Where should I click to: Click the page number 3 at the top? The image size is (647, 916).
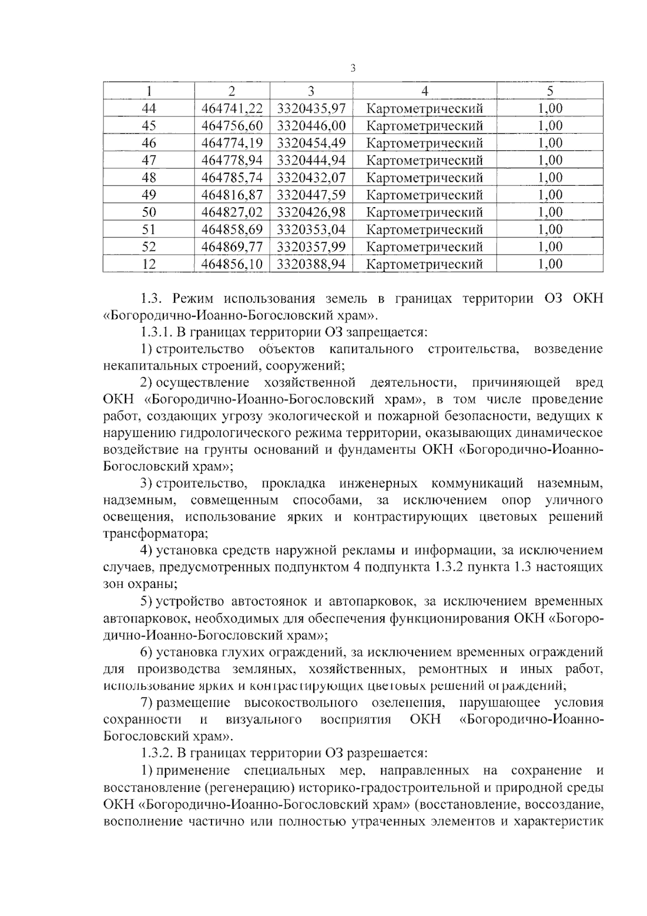(x=353, y=68)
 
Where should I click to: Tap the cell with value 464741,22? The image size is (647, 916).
(x=232, y=108)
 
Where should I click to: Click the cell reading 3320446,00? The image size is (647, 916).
(x=311, y=126)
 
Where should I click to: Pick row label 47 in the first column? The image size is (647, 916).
(x=148, y=160)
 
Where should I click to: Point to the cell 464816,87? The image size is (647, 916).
(x=232, y=195)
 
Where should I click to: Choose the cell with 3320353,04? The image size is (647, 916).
(x=311, y=229)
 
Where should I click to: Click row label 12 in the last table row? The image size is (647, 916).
(x=148, y=264)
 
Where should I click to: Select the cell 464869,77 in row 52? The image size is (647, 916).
(x=232, y=247)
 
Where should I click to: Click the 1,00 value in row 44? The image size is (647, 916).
(x=550, y=108)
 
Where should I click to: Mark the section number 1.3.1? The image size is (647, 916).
(x=157, y=332)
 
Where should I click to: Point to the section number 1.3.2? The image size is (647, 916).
(x=157, y=753)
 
